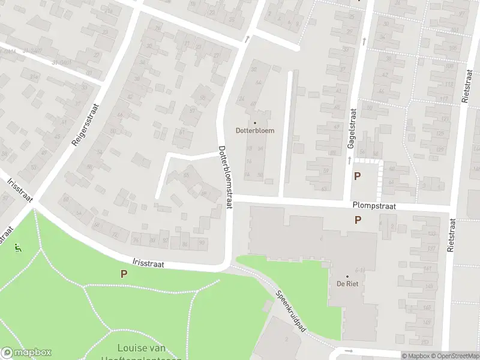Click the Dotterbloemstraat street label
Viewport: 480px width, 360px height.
tap(225, 178)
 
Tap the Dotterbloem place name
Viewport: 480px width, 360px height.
tap(254, 131)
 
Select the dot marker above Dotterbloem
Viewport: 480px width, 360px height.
tap(254, 123)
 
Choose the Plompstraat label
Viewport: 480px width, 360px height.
tap(375, 205)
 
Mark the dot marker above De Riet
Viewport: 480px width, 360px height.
tap(347, 276)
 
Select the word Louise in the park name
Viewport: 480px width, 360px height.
tap(133, 348)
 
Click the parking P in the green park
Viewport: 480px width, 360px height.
tap(124, 274)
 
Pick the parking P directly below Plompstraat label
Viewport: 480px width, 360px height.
tap(358, 220)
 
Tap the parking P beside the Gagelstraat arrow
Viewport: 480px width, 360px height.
tap(358, 176)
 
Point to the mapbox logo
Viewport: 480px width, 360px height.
tap(26, 353)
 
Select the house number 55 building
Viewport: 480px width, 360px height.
tap(186, 176)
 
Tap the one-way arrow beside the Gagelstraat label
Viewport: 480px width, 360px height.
tap(349, 160)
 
